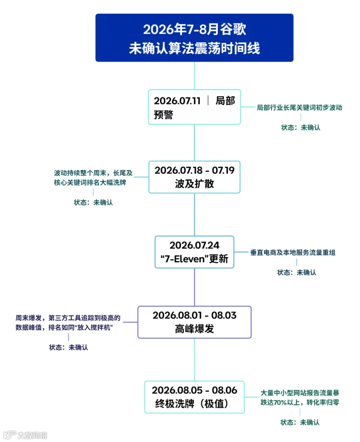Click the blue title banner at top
(194, 38)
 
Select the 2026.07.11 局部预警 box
(194, 107)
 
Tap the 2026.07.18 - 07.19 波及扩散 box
(194, 177)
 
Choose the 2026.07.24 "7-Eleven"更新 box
(194, 252)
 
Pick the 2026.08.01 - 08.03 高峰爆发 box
(194, 322)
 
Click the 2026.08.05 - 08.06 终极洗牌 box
(194, 397)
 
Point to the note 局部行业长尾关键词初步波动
(299, 107)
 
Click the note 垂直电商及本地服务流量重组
(293, 252)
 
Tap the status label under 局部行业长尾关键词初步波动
(301, 128)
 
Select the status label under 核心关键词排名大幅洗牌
(93, 202)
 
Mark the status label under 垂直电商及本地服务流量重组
(296, 272)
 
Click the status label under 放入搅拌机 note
(68, 347)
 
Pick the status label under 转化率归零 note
(300, 422)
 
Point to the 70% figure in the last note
(280, 402)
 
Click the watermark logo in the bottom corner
(25, 435)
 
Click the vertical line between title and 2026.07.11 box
(194, 76)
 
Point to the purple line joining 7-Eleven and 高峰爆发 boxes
(194, 287)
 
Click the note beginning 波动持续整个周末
(93, 178)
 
